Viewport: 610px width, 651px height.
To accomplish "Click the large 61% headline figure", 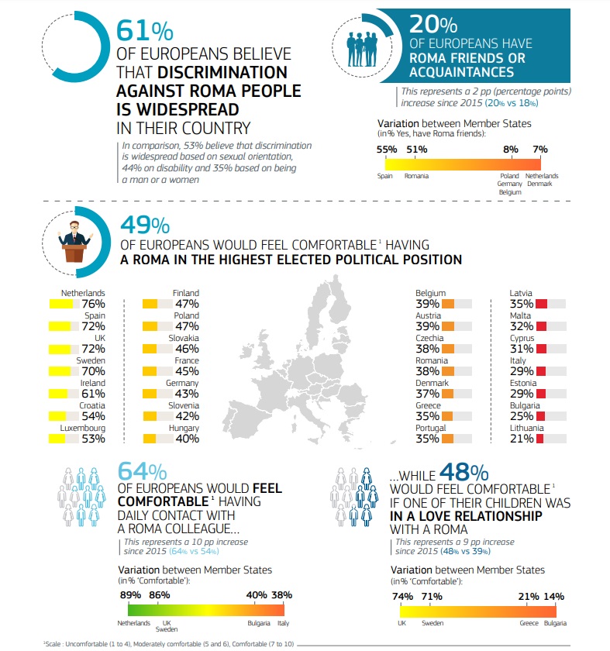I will pyautogui.click(x=144, y=30).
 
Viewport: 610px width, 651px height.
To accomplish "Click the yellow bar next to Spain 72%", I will pyautogui.click(x=60, y=326).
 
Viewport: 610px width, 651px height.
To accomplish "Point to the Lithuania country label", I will pyautogui.click(x=526, y=428).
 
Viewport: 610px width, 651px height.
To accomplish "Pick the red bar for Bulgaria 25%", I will pyautogui.click(x=541, y=416).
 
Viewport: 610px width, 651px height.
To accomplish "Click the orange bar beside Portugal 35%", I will pyautogui.click(x=447, y=439).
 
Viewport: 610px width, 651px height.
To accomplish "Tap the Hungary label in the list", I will pyautogui.click(x=184, y=428).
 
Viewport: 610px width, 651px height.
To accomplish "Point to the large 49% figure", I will pyautogui.click(x=144, y=225).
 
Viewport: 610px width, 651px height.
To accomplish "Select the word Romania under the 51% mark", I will pyautogui.click(x=416, y=176).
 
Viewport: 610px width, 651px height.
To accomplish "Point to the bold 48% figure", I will pyautogui.click(x=464, y=472).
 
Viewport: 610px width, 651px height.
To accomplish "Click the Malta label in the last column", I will pyautogui.click(x=520, y=315).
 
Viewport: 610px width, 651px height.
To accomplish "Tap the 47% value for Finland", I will pyautogui.click(x=186, y=304).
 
